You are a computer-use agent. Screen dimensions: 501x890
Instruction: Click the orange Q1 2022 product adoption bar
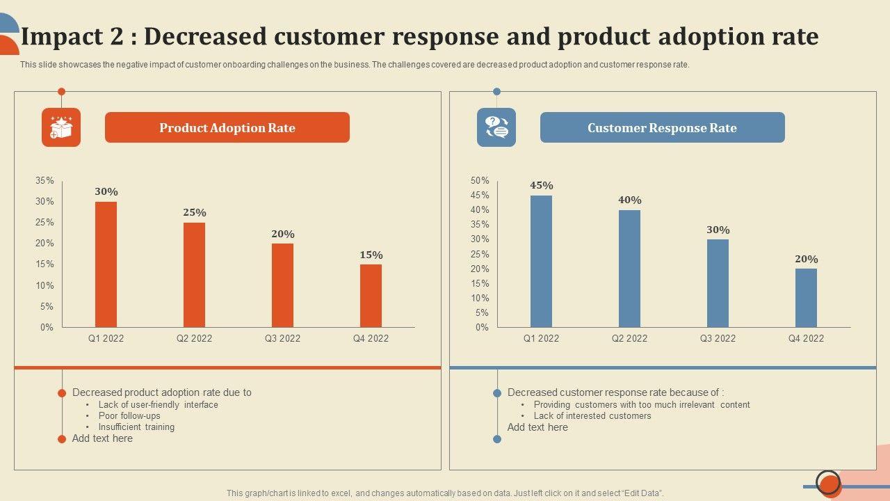[x=106, y=264]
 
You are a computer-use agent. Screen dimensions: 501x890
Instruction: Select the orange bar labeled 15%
[x=371, y=296]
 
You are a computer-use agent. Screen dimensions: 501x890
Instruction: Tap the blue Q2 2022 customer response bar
[x=629, y=269]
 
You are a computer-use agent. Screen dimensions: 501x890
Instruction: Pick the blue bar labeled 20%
[x=806, y=298]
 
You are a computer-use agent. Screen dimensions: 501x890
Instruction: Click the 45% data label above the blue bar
[x=541, y=186]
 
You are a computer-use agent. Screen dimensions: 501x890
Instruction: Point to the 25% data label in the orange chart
[x=195, y=213]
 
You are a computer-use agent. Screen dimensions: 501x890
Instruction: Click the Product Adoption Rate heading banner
[x=227, y=128]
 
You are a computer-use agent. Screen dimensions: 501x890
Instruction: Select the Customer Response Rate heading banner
[x=662, y=128]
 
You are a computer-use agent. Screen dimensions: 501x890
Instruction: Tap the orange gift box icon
[x=61, y=127]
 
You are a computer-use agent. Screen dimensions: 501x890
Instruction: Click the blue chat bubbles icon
[x=496, y=127]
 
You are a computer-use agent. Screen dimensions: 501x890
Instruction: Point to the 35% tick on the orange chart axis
[x=44, y=181]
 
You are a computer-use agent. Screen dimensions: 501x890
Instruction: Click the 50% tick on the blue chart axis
[x=480, y=181]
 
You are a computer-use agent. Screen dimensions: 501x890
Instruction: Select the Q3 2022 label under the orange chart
[x=282, y=339]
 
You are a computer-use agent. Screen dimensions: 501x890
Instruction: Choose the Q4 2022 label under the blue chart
[x=806, y=339]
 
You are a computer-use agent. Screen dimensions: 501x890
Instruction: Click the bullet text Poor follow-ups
[x=129, y=416]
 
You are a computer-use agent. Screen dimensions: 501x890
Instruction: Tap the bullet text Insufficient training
[x=136, y=427]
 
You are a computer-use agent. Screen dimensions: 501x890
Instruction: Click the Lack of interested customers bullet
[x=592, y=416]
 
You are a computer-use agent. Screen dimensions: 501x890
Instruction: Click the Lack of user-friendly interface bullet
[x=159, y=405]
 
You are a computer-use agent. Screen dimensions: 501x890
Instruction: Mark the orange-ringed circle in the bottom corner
[x=828, y=482]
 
